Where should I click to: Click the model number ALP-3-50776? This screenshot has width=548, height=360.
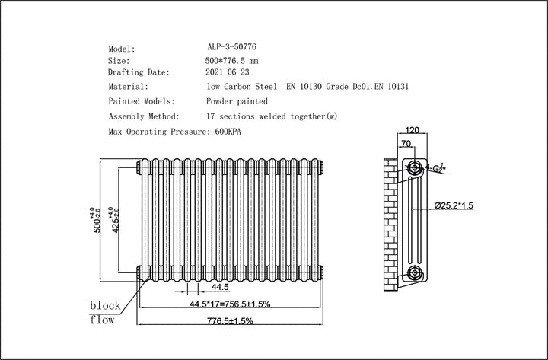(231, 47)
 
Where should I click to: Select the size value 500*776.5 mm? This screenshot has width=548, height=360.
(237, 60)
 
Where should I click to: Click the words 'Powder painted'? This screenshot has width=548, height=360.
(237, 101)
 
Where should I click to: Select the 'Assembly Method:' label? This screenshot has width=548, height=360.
(144, 116)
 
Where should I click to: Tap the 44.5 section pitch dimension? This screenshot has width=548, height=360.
(221, 288)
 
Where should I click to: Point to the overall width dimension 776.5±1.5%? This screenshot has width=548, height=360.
(226, 321)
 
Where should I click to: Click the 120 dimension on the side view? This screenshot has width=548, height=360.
(413, 129)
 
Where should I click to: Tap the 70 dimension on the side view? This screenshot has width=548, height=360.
(407, 142)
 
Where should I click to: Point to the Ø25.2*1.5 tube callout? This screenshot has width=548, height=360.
(455, 206)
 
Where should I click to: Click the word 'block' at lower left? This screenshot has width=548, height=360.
(105, 305)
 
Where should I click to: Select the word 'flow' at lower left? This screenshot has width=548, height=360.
(102, 320)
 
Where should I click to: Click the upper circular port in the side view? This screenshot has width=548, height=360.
(414, 167)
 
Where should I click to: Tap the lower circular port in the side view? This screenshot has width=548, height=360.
(414, 272)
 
